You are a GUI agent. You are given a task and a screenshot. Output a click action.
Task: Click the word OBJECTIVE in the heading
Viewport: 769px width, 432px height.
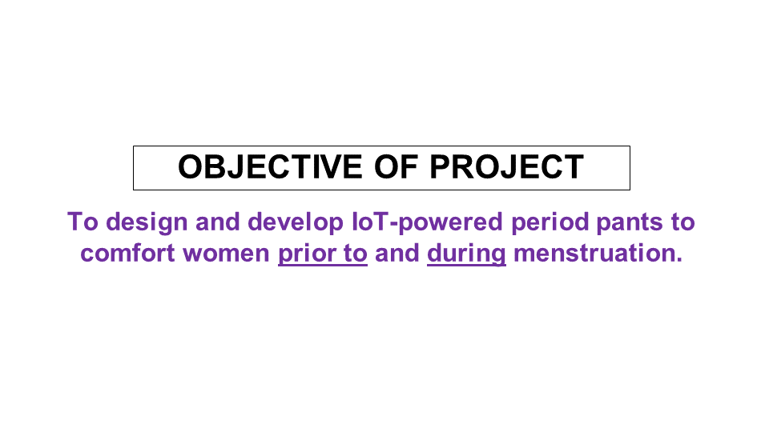(270, 167)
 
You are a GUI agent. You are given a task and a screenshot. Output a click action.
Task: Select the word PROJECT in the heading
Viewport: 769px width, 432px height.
(507, 167)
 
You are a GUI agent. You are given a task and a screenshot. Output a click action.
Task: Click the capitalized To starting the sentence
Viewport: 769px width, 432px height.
(83, 222)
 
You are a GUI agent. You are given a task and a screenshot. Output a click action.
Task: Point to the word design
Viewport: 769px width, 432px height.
(147, 223)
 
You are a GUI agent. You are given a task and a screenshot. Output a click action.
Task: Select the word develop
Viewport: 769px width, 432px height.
(296, 223)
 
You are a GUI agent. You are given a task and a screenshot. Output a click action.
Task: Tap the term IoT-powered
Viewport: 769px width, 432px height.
(427, 223)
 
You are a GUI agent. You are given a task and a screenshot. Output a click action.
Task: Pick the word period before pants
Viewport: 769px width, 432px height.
(550, 223)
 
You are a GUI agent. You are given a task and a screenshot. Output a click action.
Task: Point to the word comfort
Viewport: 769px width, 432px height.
(127, 254)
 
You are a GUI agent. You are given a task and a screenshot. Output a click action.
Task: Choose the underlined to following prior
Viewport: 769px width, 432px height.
(356, 254)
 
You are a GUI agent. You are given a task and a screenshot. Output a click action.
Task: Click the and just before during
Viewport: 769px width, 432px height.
(397, 254)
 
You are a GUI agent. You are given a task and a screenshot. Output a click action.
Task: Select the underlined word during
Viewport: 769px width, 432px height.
(466, 254)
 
